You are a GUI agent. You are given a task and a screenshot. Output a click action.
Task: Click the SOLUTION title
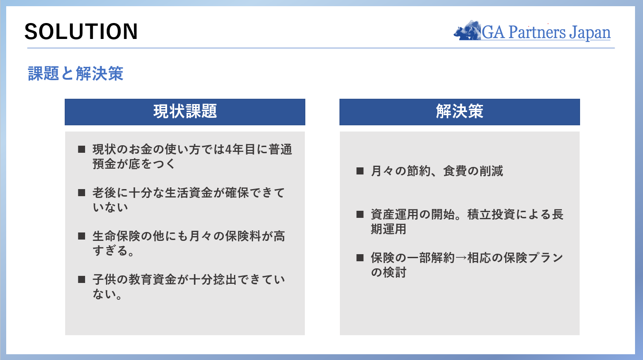(81, 31)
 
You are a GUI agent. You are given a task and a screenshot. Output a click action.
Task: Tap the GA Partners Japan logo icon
(467, 31)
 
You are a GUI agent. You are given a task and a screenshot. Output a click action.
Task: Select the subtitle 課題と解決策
(76, 74)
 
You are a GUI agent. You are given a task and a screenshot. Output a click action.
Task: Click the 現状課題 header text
(185, 111)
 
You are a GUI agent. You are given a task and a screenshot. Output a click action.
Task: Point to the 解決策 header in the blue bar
(460, 111)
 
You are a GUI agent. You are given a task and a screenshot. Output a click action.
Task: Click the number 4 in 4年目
(228, 150)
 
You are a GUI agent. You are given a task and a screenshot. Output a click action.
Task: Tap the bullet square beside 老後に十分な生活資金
(82, 193)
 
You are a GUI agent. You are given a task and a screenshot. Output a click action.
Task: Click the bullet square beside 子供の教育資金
(82, 279)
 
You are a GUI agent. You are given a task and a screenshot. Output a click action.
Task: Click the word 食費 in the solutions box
(455, 171)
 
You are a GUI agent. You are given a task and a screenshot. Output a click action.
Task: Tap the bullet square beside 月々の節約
(360, 171)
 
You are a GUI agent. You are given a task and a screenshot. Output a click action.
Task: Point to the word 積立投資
(491, 214)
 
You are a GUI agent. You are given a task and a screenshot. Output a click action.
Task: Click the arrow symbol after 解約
(461, 258)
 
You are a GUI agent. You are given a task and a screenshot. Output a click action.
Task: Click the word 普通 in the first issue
(280, 150)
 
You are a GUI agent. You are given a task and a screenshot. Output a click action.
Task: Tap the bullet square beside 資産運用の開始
(360, 214)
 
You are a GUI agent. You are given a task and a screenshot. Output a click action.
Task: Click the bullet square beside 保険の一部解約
(360, 258)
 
